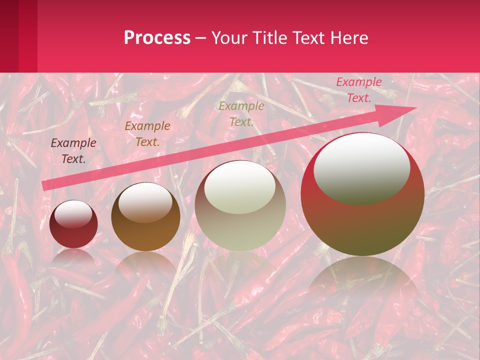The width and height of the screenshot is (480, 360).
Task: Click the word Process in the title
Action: tap(157, 38)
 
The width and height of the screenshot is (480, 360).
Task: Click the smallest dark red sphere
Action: tap(73, 224)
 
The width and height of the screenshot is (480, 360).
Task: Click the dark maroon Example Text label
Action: tap(73, 151)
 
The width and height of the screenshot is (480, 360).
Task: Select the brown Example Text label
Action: tap(147, 133)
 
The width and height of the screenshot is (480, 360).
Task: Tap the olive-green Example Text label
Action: tap(241, 113)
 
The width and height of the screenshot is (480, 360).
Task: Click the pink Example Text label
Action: tap(358, 90)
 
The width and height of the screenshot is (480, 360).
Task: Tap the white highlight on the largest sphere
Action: tap(361, 168)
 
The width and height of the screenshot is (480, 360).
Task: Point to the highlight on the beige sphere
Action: tap(240, 187)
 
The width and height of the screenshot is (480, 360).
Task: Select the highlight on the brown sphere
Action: tap(145, 202)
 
